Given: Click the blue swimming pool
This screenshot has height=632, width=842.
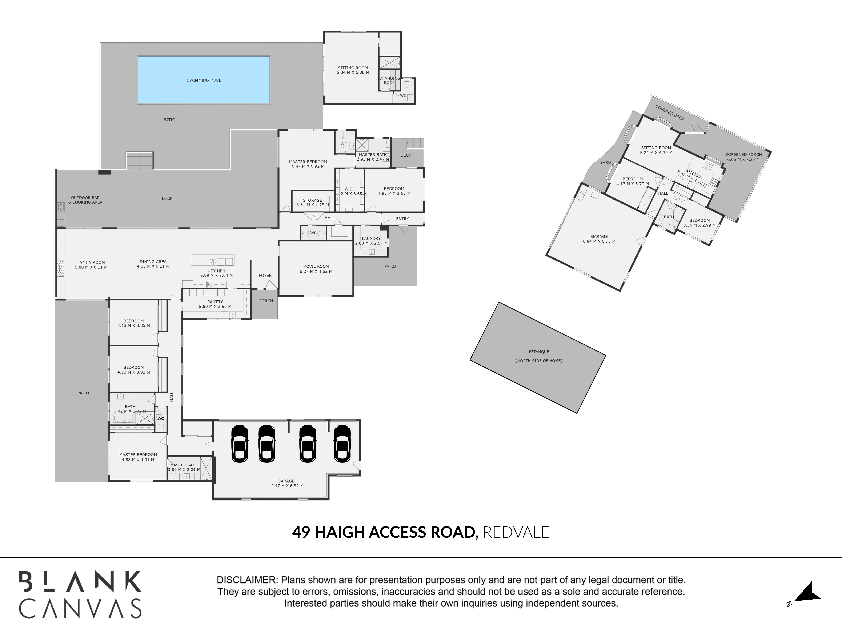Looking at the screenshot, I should (x=204, y=80).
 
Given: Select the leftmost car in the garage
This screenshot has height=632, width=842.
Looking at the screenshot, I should (x=239, y=444).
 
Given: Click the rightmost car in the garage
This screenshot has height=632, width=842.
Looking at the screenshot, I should (x=342, y=444).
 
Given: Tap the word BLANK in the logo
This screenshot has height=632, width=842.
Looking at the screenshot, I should (x=80, y=581).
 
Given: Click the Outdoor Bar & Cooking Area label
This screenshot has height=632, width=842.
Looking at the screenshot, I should (x=85, y=200).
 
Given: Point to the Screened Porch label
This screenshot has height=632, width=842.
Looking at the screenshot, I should (x=743, y=155).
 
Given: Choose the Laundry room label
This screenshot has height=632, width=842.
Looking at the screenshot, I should (x=371, y=238).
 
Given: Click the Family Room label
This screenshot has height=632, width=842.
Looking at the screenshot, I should (x=91, y=262).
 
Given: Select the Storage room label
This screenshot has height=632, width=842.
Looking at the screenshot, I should (x=313, y=200).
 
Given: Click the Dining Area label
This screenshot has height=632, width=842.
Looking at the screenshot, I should (x=153, y=262).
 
